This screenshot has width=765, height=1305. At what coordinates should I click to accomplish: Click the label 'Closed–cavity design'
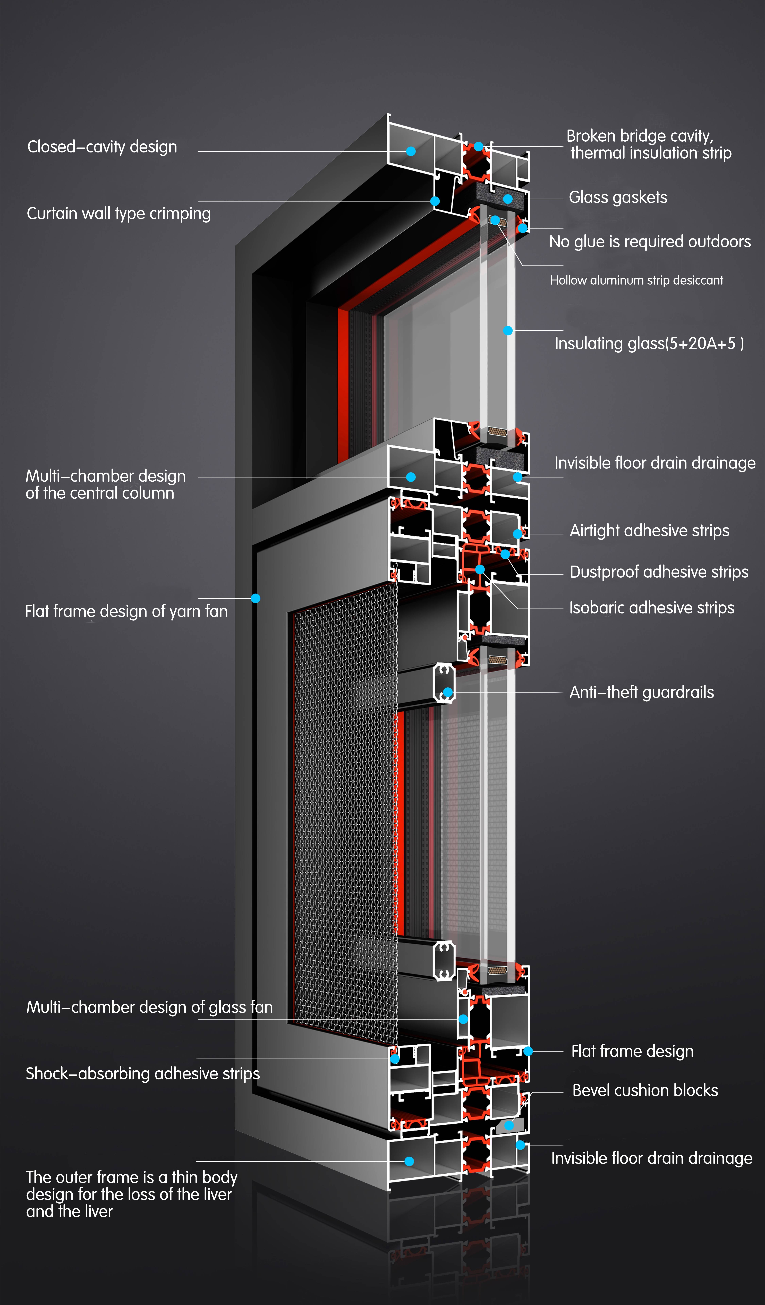(102, 147)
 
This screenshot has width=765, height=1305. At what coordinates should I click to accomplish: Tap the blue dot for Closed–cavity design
(411, 151)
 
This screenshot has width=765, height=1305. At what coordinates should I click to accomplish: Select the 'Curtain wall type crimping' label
(119, 213)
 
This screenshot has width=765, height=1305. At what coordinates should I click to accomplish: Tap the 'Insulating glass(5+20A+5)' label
(649, 343)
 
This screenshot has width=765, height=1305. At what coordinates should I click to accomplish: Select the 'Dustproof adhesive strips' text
(659, 572)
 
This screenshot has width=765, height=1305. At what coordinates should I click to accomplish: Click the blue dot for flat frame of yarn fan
(255, 598)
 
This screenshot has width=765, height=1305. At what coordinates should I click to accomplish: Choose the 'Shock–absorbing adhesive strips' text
(142, 1073)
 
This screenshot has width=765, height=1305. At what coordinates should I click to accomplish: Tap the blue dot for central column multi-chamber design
(411, 477)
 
